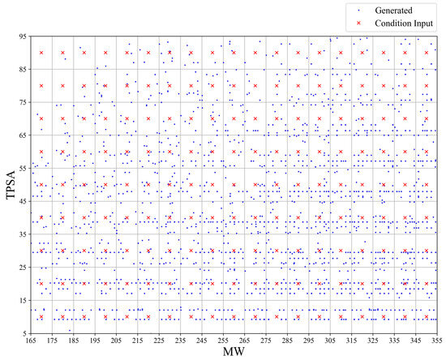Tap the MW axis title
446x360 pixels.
click(234, 354)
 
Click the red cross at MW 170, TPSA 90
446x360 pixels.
click(41, 53)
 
